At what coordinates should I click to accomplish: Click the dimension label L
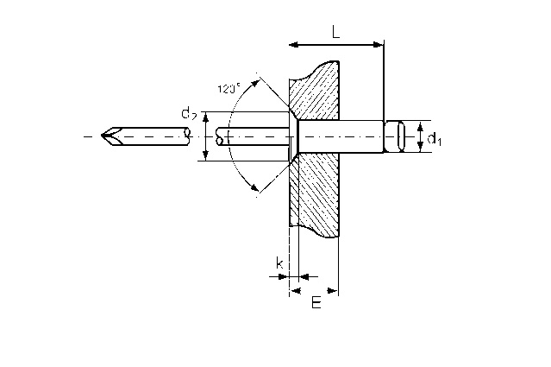336,32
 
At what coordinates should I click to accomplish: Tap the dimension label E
316,302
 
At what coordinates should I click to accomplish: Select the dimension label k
279,263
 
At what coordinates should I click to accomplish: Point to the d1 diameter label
434,138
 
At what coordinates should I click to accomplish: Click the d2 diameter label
189,113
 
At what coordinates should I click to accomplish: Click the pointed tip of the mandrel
102,136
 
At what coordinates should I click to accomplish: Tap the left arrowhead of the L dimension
293,45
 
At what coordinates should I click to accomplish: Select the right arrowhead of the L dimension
379,45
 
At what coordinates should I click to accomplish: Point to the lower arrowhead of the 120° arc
254,187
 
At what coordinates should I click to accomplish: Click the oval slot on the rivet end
401,136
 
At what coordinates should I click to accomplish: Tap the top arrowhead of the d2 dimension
206,117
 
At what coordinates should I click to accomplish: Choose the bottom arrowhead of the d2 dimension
206,156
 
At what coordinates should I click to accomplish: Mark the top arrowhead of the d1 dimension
420,125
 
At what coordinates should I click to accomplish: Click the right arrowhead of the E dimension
333,291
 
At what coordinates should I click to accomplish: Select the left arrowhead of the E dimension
296,291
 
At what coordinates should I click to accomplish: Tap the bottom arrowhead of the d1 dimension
420,147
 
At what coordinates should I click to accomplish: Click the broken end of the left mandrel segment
188,136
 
